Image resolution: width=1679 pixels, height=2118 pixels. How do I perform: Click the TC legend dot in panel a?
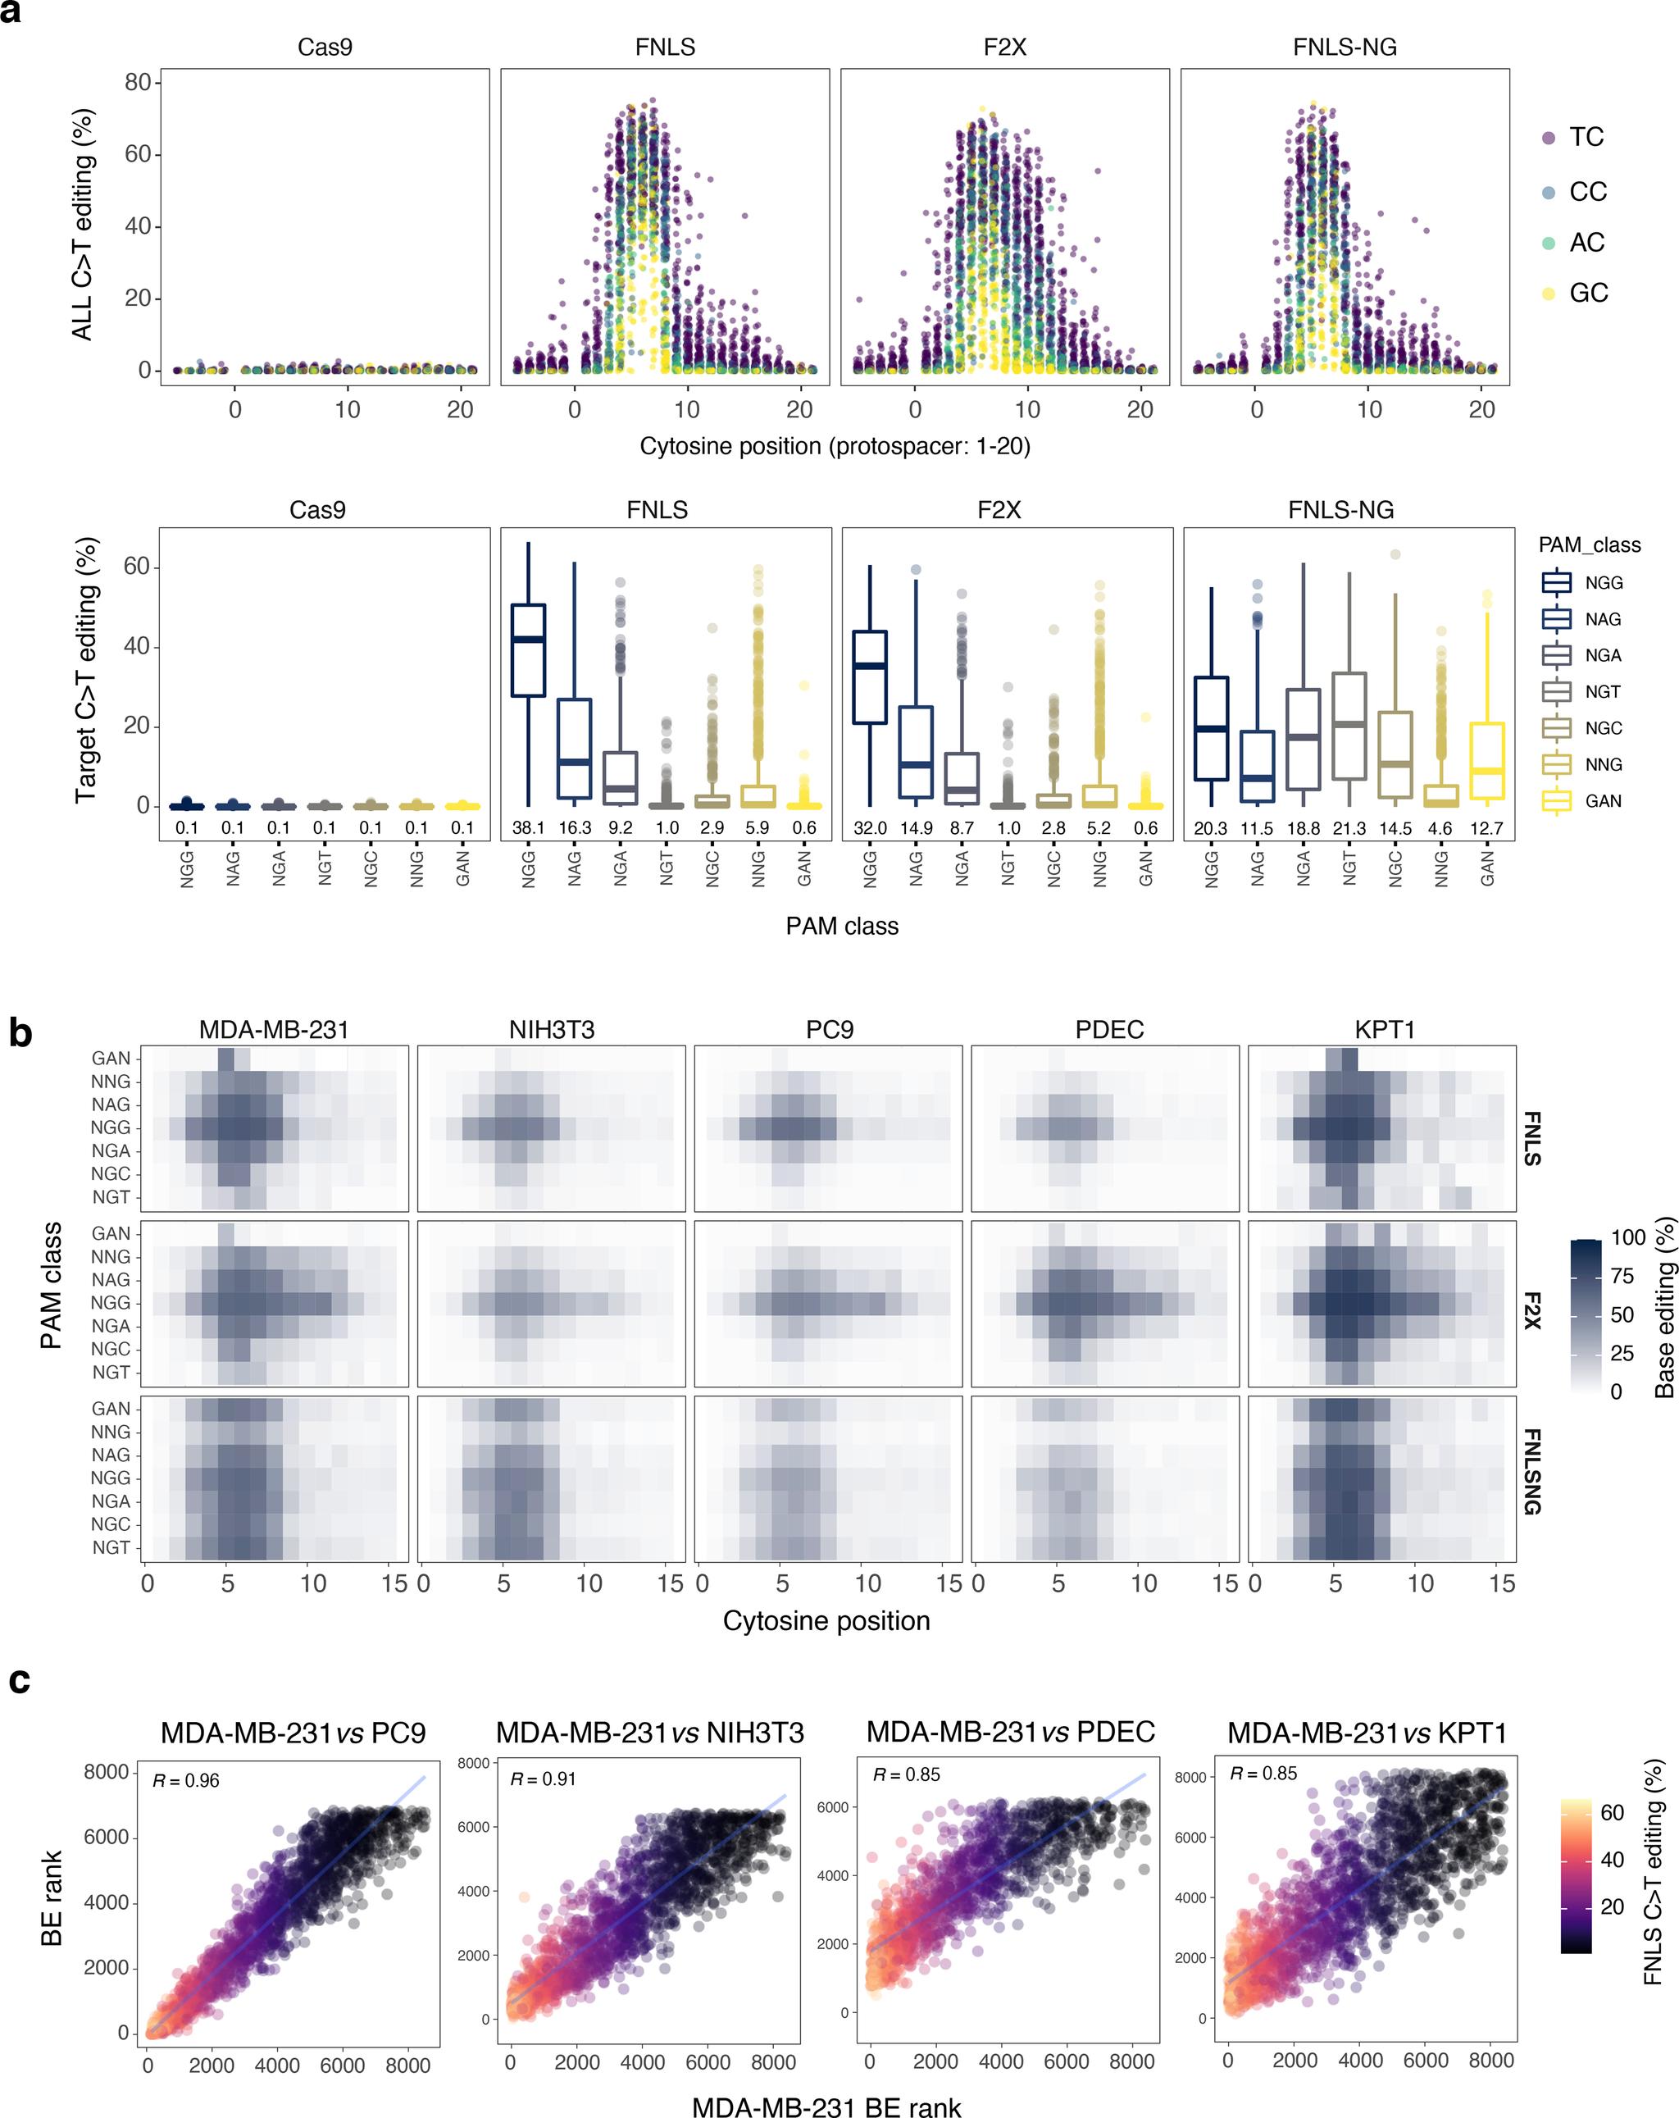(x=1549, y=139)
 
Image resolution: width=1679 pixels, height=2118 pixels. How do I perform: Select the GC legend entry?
(x=1588, y=293)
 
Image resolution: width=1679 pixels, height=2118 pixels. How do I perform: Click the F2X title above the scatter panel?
(x=1004, y=48)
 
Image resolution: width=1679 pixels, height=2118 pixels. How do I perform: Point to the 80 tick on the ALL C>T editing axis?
(x=138, y=83)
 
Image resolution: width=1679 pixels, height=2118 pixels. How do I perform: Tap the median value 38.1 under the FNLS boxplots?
(x=528, y=828)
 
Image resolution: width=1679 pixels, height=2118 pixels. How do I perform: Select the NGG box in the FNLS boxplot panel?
(x=529, y=650)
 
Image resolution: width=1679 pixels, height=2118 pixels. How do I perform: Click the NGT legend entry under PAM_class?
(x=1601, y=691)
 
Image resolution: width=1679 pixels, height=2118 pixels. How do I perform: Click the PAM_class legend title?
(x=1589, y=545)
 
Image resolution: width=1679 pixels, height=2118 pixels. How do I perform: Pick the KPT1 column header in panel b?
(x=1383, y=1030)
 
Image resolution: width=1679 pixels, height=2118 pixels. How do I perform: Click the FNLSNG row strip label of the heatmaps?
(x=1531, y=1472)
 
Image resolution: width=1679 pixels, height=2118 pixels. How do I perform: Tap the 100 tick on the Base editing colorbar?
(x=1628, y=1238)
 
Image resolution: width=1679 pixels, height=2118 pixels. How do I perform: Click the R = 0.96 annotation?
(x=185, y=1780)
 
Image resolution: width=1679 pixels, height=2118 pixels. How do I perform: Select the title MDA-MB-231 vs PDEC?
(x=1010, y=1731)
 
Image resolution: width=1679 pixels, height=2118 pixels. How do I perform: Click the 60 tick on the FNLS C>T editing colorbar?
(x=1613, y=1812)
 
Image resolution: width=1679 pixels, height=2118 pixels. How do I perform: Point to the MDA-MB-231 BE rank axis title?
(x=826, y=2102)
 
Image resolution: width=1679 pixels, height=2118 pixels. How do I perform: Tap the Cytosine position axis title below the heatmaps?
(x=826, y=1621)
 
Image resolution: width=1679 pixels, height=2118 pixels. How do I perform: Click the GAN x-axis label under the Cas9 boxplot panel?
(x=462, y=868)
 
